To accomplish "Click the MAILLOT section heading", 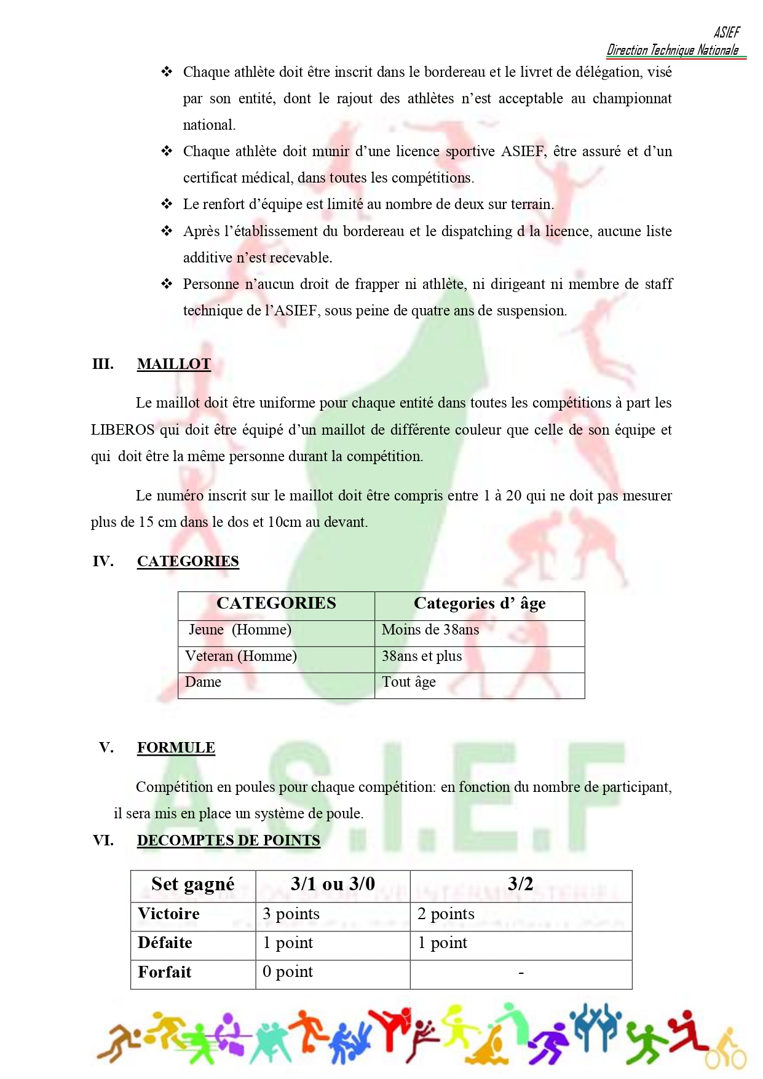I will click(x=173, y=364).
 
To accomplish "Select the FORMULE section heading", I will click(x=176, y=748).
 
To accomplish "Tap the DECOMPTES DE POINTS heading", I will click(x=228, y=840).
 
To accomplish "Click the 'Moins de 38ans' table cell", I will click(x=430, y=630).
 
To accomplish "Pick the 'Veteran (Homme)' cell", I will click(x=241, y=656).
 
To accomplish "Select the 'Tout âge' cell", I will click(x=409, y=682).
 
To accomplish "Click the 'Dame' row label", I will click(x=204, y=682).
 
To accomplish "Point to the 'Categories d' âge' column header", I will click(x=480, y=603).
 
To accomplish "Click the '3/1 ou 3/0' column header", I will click(x=333, y=884).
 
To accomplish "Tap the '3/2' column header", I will click(x=520, y=884).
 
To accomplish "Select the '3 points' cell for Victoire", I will click(x=291, y=914).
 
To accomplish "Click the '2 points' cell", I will click(x=446, y=914).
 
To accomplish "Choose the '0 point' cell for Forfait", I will click(x=288, y=972).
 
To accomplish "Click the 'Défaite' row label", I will click(x=165, y=943).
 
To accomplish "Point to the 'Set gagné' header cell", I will click(x=193, y=884).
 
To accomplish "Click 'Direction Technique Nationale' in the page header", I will click(x=673, y=50).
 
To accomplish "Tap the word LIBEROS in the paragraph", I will click(x=122, y=430).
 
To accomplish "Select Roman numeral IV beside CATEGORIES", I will click(x=103, y=561).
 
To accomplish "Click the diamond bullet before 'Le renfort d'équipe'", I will click(x=167, y=204).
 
